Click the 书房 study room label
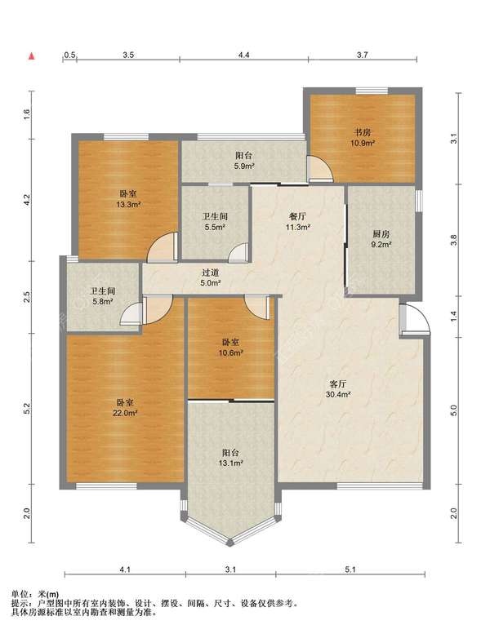tap(362, 132)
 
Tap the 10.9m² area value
tap(363, 143)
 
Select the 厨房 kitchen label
tap(381, 233)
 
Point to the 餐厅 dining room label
tap(298, 217)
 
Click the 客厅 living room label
tap(338, 384)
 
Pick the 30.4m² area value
tap(338, 395)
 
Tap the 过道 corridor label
tap(211, 273)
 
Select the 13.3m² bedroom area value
tap(128, 205)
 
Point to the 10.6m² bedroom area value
tap(230, 352)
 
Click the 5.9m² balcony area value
tap(244, 166)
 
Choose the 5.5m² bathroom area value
tap(215, 227)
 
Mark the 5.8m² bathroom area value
tap(102, 301)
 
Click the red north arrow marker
tap(31, 56)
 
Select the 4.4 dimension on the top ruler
tap(243, 55)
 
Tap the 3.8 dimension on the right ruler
tap(454, 240)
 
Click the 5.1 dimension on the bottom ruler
tap(350, 570)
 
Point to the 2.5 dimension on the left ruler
tap(27, 297)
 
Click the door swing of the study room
tap(320, 169)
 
